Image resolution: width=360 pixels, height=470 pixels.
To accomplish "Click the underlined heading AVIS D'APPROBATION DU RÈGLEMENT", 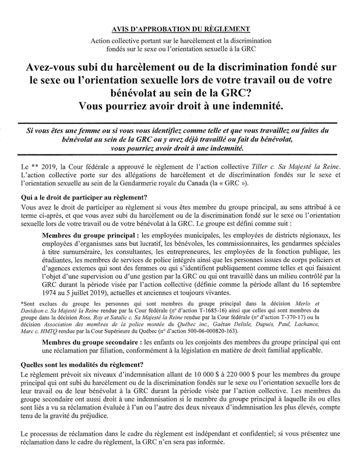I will (180, 29).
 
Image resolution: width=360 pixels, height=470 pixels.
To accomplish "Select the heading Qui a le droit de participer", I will (83, 197).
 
